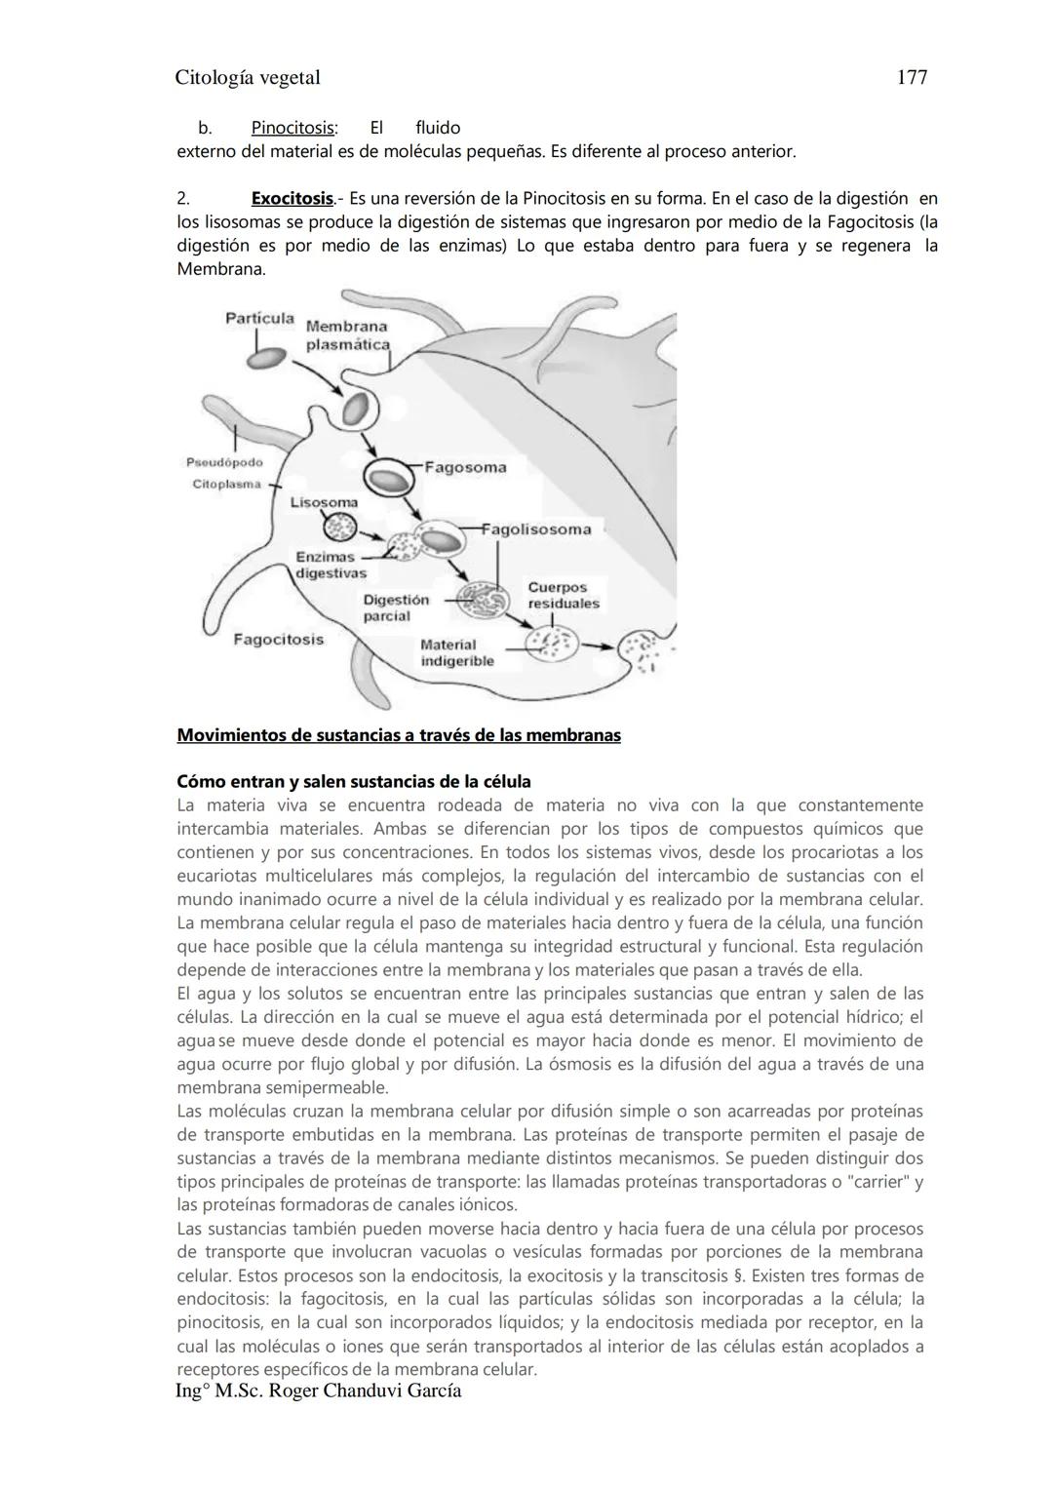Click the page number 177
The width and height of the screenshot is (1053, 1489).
tap(911, 77)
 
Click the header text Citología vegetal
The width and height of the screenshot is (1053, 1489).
tap(248, 77)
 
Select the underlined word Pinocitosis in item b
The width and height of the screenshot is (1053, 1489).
tap(293, 128)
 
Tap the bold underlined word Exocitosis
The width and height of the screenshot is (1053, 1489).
tap(292, 199)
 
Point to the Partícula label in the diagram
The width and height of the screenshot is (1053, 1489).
tap(259, 319)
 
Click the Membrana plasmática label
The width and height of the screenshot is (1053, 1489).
tap(347, 335)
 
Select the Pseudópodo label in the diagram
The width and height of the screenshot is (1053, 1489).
tap(224, 462)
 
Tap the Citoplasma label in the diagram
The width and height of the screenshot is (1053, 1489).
tap(226, 484)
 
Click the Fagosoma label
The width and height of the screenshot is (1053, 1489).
tap(465, 467)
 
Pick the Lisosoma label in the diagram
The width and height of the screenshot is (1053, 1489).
tap(324, 502)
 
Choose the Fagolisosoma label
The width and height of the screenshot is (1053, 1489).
tap(537, 529)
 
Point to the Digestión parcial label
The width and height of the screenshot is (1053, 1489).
tap(395, 607)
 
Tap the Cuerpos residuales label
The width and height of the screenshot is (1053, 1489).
tap(563, 595)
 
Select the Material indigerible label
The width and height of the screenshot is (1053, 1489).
tap(456, 652)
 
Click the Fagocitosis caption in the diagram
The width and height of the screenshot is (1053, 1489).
tap(278, 640)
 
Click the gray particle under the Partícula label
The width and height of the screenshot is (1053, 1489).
tap(266, 358)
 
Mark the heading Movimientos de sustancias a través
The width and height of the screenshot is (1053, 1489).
tap(398, 735)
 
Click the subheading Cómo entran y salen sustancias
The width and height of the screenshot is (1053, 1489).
tap(353, 782)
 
